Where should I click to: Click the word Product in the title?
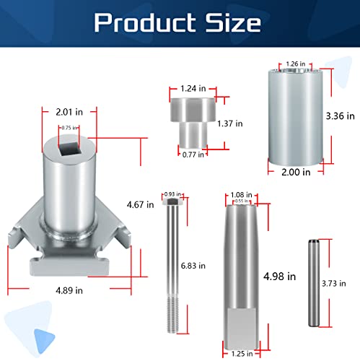pyautogui.click(x=144, y=22)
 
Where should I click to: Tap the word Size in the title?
pyautogui.click(x=232, y=22)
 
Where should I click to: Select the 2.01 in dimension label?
pyautogui.click(x=69, y=112)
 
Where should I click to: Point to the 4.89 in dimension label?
pyautogui.click(x=69, y=290)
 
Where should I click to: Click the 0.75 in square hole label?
pyautogui.click(x=69, y=128)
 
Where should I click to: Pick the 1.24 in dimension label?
pyautogui.click(x=193, y=89)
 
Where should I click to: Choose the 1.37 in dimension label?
pyautogui.click(x=230, y=123)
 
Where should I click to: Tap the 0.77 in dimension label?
pyautogui.click(x=193, y=155)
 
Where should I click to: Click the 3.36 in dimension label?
pyautogui.click(x=340, y=116)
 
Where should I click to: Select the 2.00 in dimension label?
pyautogui.click(x=296, y=173)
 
